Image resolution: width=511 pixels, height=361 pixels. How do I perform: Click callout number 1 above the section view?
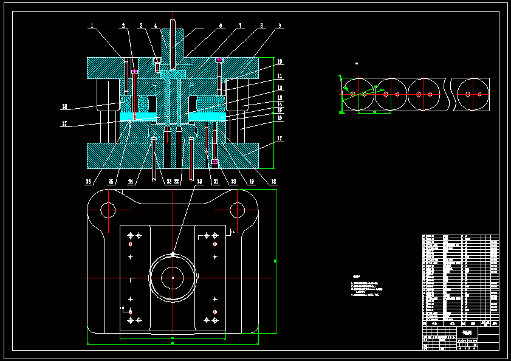[92, 26]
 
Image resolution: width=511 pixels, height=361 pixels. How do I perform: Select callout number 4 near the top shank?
[156, 26]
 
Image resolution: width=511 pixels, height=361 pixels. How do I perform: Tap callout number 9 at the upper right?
[280, 26]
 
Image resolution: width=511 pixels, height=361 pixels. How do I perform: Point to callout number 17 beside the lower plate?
[280, 139]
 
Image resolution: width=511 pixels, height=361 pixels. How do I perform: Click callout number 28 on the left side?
[64, 106]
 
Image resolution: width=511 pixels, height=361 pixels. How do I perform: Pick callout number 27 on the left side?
[64, 123]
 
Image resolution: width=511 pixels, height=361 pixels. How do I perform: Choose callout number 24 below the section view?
[131, 181]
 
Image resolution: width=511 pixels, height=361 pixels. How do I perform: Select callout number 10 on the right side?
[280, 61]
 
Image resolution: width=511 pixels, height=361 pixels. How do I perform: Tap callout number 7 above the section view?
[241, 26]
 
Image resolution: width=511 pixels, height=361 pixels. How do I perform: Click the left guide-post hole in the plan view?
[108, 210]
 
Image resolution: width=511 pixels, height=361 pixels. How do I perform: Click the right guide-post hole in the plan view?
[237, 210]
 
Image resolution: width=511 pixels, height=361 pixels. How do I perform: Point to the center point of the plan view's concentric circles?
[173, 278]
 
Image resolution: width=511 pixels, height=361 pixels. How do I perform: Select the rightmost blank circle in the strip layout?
[473, 94]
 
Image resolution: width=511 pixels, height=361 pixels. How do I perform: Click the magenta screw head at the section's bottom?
[215, 162]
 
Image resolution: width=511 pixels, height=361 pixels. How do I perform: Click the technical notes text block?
[368, 289]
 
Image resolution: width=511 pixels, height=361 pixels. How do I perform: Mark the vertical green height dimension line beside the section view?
[274, 113]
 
